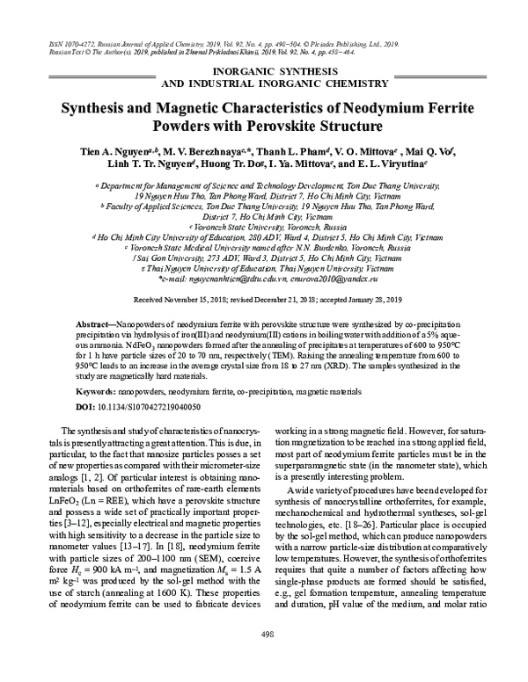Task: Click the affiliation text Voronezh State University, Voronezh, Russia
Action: (x=266, y=226)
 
